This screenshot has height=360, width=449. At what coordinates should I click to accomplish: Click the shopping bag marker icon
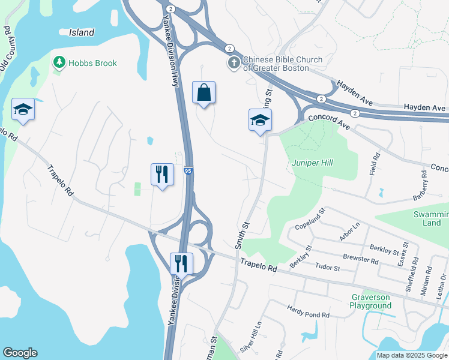[203, 93]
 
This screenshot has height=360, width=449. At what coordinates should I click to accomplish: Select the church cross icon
[234, 63]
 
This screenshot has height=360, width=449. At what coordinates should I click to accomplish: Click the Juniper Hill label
[312, 163]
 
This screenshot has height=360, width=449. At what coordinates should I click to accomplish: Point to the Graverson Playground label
[370, 301]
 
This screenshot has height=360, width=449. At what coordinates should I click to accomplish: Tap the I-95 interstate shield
[188, 171]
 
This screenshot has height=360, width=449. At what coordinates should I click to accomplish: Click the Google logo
[20, 353]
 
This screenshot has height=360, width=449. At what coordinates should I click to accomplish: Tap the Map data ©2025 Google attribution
[411, 355]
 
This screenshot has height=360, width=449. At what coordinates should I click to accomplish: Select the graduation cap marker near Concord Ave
[260, 119]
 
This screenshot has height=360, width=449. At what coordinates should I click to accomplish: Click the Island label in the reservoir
[82, 32]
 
